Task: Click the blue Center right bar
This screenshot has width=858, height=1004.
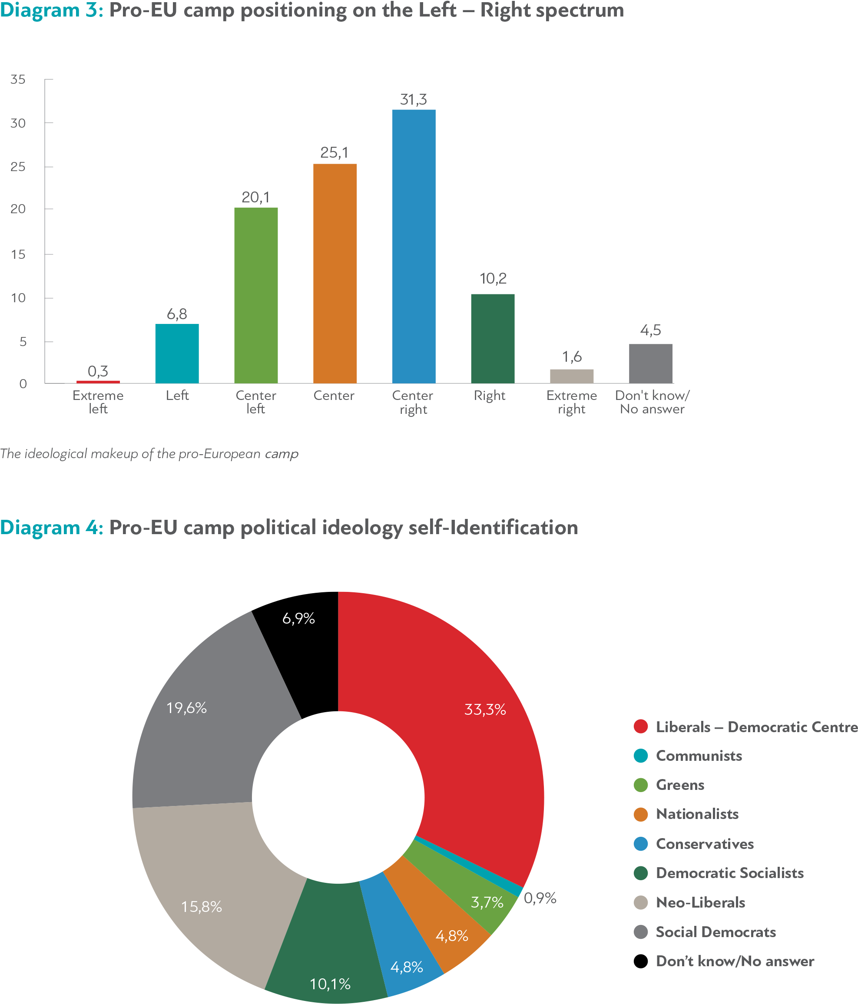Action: (x=414, y=246)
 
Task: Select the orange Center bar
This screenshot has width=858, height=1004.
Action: (x=335, y=273)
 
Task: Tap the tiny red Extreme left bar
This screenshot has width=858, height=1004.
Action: (x=98, y=382)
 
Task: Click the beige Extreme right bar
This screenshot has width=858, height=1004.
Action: (x=572, y=376)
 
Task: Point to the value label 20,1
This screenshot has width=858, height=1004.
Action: (x=255, y=197)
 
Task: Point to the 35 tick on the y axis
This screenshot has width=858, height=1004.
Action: (x=18, y=79)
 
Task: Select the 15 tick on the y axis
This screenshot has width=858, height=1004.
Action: (x=18, y=254)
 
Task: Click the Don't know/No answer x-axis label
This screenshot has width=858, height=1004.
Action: (x=652, y=402)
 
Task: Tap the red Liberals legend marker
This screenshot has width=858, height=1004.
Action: (x=641, y=727)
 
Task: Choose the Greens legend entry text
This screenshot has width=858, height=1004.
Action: (x=679, y=785)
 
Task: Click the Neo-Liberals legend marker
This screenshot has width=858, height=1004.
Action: (x=641, y=902)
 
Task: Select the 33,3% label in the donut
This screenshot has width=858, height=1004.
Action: (x=485, y=710)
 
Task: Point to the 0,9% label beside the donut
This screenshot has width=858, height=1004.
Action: (x=540, y=898)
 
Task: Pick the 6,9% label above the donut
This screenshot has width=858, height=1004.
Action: (x=298, y=618)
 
